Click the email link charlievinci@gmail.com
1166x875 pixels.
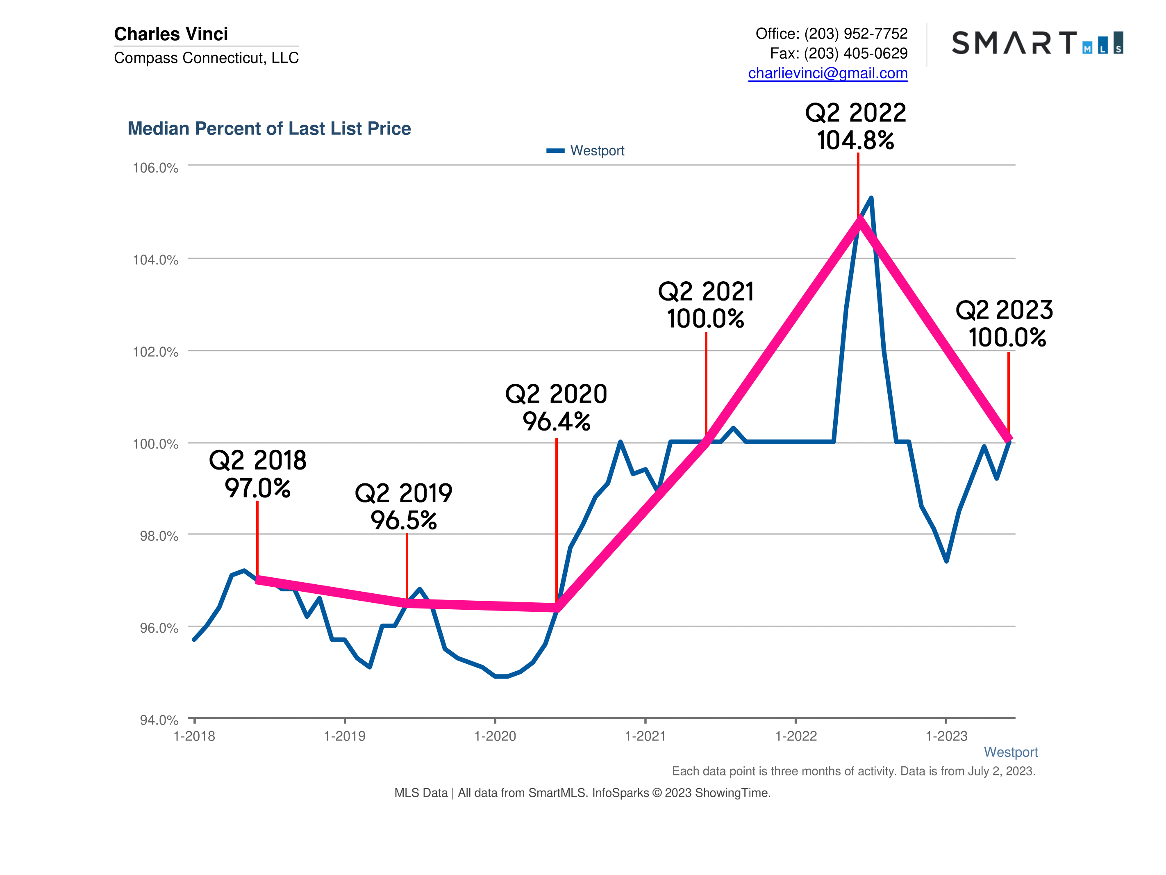[x=827, y=73]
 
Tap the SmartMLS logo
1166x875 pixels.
[x=1037, y=43]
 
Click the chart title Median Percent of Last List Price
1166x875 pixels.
[x=269, y=129]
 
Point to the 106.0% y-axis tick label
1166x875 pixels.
[x=155, y=168]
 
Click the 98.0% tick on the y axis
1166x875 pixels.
[x=159, y=536]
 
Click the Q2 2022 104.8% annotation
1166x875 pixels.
[x=855, y=127]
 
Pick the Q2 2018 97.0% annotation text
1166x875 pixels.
[x=257, y=474]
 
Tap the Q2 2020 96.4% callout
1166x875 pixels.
[x=556, y=407]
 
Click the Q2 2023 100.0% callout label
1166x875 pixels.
[x=1004, y=324]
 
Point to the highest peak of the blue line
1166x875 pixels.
[x=871, y=198]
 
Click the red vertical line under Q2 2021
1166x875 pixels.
[x=706, y=385]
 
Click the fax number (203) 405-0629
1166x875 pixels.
[x=855, y=53]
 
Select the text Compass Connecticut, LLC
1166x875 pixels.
[x=206, y=57]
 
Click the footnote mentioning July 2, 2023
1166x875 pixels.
[x=853, y=771]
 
